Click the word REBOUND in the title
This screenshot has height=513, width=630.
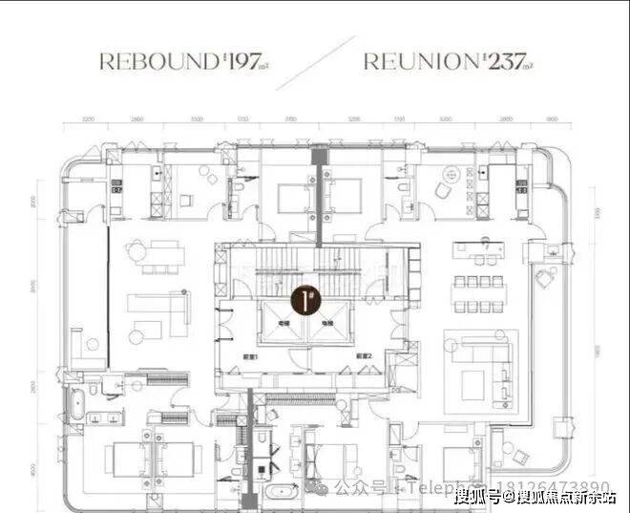point(157,62)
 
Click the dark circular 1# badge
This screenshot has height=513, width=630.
point(306,303)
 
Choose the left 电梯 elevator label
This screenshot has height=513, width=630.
point(283,324)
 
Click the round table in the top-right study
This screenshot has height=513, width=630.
point(450,179)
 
